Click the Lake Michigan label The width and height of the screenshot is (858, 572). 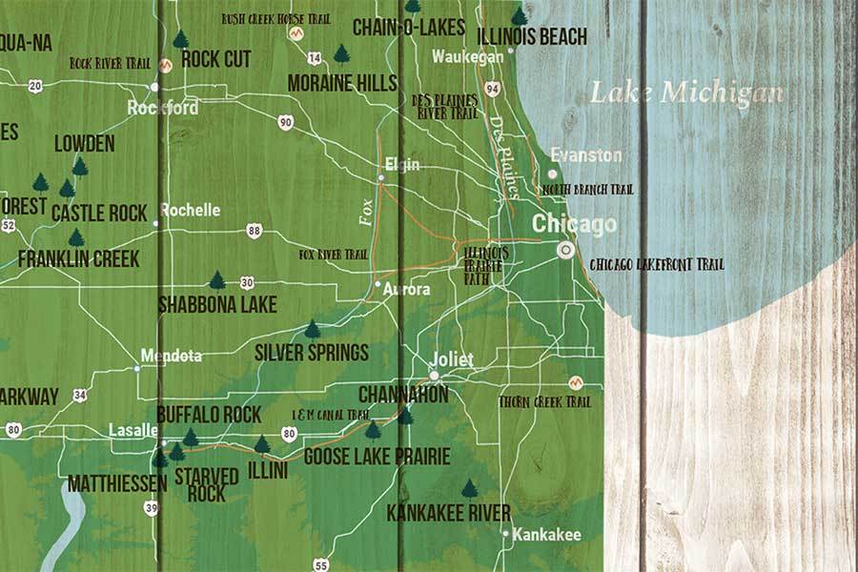pos(686,92)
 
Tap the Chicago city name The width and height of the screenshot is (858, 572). pos(574,225)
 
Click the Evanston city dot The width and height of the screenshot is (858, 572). pos(552,174)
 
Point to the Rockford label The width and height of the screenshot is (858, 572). pos(163,108)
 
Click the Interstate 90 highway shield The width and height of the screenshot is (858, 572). pos(286,122)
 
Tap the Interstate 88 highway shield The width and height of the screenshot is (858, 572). pos(253,231)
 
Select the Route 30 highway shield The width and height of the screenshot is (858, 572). pos(247,282)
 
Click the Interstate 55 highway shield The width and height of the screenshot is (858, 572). pos(321,564)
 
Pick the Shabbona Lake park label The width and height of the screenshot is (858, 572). pos(217,305)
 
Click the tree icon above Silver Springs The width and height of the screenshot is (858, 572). pos(312,330)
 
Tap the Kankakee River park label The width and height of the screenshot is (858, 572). pos(448,513)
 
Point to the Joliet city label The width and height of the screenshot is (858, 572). pos(452,359)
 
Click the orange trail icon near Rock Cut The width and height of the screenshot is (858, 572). pos(166,65)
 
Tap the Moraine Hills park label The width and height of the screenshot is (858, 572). pos(342,83)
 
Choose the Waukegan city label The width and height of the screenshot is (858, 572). pos(467,57)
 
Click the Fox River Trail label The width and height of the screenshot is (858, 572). pos(333,255)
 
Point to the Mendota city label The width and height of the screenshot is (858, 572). pos(171,356)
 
